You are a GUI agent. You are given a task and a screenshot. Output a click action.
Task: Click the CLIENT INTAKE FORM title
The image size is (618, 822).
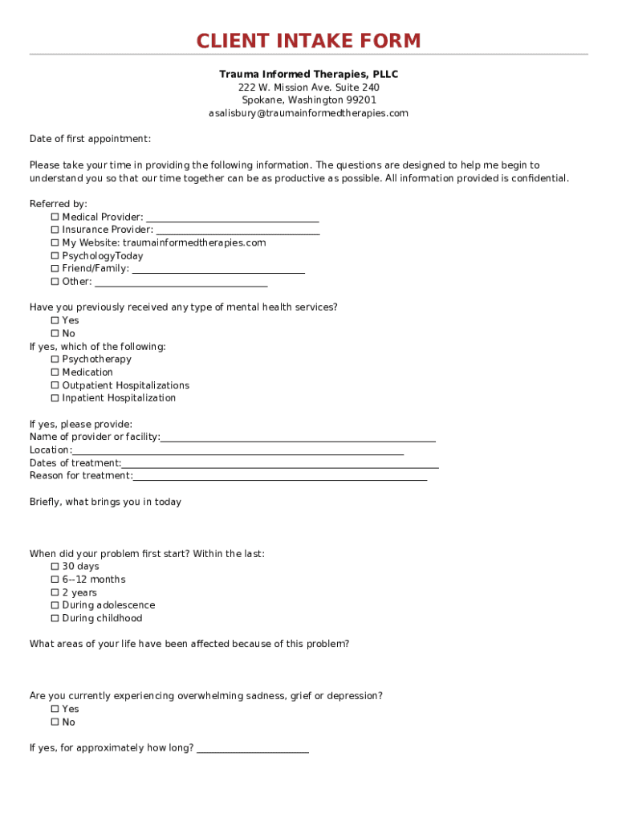(309, 41)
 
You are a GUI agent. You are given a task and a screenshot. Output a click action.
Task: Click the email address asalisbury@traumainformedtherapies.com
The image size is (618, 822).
(309, 113)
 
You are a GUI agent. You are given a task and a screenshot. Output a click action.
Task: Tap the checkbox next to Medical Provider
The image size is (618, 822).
(55, 217)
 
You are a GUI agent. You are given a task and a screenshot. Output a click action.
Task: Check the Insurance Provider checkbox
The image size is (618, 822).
(55, 230)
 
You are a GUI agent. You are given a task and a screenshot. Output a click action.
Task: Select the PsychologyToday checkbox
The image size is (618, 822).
(55, 256)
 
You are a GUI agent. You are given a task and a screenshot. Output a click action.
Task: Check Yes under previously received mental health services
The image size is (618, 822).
(55, 320)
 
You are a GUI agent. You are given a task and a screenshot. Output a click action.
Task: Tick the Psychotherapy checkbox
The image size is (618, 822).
(55, 359)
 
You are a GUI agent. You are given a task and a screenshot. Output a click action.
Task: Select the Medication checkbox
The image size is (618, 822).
(55, 372)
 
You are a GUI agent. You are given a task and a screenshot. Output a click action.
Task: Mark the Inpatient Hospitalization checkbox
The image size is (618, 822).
(55, 398)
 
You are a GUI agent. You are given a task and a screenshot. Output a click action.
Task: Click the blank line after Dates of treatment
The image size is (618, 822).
(280, 466)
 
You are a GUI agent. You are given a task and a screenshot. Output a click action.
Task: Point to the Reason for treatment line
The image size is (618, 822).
(280, 478)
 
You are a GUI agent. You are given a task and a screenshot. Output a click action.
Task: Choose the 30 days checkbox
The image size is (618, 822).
(55, 567)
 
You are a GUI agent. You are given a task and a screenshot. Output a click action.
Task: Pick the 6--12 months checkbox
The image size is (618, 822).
(55, 580)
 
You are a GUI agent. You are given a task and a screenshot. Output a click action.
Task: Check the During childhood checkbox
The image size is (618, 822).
(55, 618)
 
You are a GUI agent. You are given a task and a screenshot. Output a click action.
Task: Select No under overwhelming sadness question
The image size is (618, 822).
(55, 722)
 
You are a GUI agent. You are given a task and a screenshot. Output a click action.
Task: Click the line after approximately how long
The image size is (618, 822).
(253, 751)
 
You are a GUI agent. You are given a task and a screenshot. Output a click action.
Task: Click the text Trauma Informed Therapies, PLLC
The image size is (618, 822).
(309, 75)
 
